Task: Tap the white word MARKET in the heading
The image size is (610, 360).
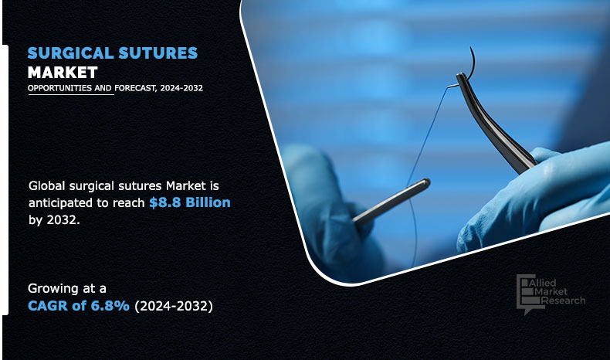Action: pyautogui.click(x=63, y=73)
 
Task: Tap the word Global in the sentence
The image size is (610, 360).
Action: pyautogui.click(x=48, y=186)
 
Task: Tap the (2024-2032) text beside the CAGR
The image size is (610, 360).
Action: pyautogui.click(x=173, y=305)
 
